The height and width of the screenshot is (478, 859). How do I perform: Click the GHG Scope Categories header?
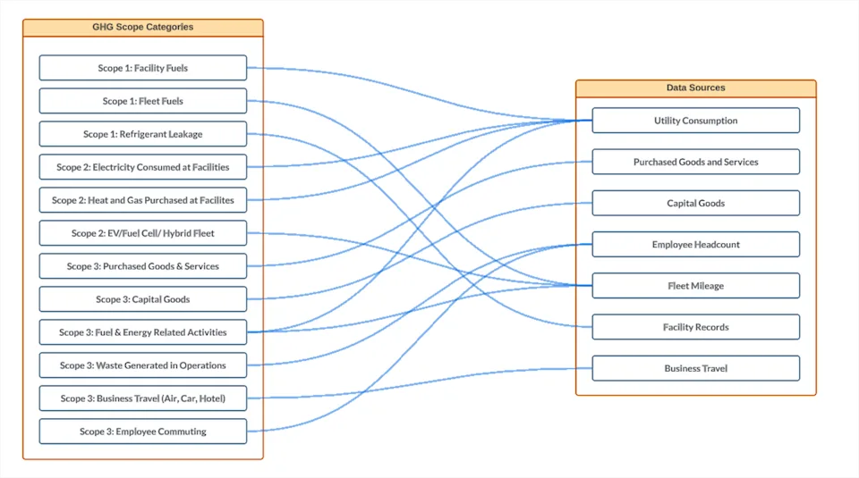tap(142, 28)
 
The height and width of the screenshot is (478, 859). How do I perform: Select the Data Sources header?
tap(696, 88)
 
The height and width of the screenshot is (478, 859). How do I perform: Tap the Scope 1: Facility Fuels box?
tap(143, 68)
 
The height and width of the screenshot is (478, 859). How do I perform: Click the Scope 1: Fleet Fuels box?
tap(143, 101)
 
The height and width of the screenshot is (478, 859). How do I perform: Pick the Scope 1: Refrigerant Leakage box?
tap(143, 134)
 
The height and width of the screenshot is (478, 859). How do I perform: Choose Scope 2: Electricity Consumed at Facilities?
tap(143, 167)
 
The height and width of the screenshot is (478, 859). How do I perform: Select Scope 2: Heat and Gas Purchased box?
tap(143, 200)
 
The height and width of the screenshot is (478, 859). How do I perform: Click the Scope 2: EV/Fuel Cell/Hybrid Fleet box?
tap(143, 233)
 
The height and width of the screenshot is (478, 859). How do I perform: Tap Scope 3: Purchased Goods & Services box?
tap(143, 266)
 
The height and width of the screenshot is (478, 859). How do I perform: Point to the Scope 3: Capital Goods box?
tap(143, 299)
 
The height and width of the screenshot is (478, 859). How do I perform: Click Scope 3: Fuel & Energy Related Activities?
tap(143, 332)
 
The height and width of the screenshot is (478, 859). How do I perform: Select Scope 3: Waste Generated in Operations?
tap(143, 365)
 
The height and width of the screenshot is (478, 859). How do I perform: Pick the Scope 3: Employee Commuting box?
tap(143, 432)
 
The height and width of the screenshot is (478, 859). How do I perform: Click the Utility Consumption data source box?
tap(696, 121)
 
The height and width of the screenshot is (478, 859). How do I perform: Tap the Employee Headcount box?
tap(696, 245)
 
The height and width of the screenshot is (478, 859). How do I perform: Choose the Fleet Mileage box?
tap(696, 286)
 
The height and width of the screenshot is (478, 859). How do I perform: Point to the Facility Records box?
tap(696, 327)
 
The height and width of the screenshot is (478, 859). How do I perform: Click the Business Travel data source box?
tap(696, 369)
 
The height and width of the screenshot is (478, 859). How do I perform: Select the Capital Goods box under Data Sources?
tap(696, 203)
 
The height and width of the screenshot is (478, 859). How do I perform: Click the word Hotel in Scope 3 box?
tap(211, 398)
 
